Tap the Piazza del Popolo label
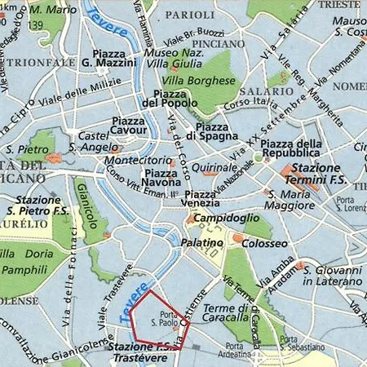(169, 98)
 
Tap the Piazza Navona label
(160, 179)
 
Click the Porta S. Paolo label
(169, 320)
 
